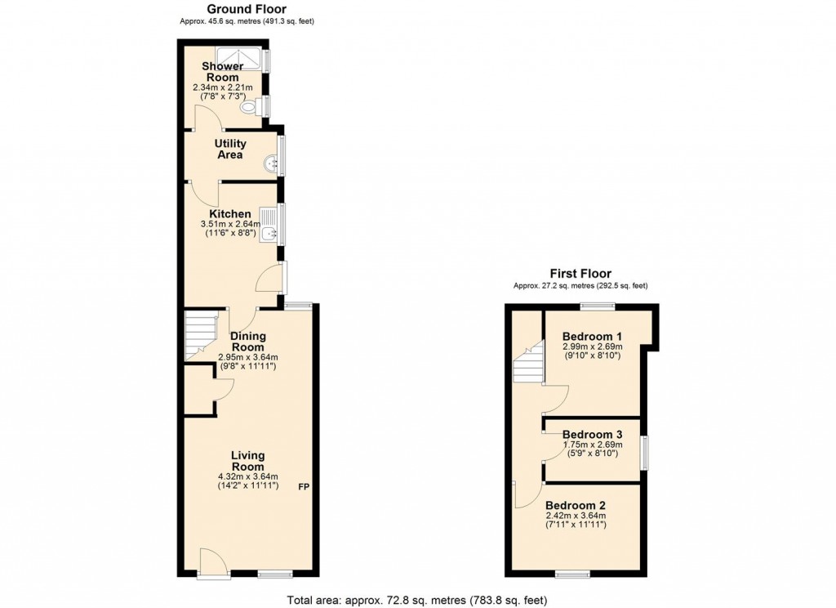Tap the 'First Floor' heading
coord(580,274)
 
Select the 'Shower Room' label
coord(222,71)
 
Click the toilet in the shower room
coord(251,105)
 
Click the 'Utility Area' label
coord(230,149)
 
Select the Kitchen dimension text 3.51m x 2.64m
coord(232,224)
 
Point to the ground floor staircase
coord(200,334)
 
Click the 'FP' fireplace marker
coord(303,488)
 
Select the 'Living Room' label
coord(247,461)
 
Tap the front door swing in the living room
coord(210,561)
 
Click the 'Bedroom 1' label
coord(592,336)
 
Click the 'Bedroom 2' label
coord(576,505)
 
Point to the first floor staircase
coord(529,363)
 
